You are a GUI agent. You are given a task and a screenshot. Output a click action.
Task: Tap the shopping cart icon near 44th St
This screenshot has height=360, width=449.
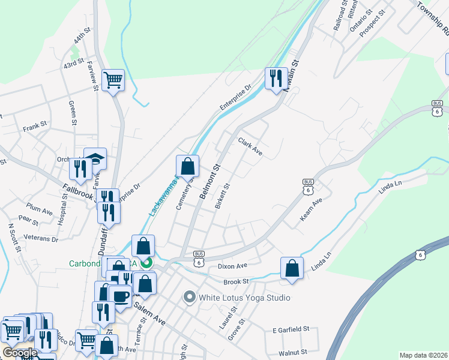(113, 79)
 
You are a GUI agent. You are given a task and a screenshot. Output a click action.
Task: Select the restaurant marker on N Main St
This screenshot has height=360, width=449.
(276, 78)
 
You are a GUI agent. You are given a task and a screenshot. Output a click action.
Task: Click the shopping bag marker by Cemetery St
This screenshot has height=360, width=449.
(187, 166)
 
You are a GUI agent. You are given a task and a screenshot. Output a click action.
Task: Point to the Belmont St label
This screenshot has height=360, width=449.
(211, 184)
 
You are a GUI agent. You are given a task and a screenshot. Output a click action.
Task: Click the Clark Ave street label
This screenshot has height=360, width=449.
(250, 147)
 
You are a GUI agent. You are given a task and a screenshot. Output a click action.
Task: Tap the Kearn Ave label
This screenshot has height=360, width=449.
(312, 209)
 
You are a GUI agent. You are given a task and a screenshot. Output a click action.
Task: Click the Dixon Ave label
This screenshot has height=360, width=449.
(232, 266)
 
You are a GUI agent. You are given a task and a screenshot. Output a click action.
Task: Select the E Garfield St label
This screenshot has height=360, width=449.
(290, 329)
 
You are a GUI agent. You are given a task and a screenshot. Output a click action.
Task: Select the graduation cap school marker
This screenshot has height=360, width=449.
(95, 159)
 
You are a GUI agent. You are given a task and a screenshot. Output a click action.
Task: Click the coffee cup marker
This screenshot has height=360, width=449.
(121, 296)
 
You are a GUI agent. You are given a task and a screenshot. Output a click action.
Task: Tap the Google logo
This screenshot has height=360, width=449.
(19, 353)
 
